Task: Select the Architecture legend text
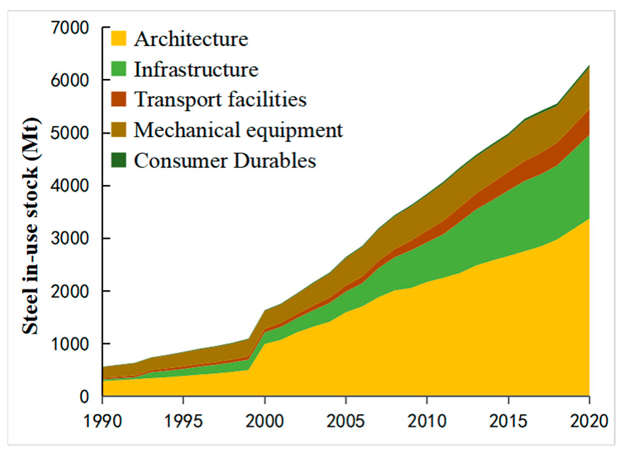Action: tap(191, 39)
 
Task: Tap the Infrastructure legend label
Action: tap(196, 69)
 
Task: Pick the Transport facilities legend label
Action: tap(220, 100)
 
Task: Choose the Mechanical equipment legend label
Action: tap(238, 130)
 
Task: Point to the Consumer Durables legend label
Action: tap(225, 160)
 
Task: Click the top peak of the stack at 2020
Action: tap(589, 66)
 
